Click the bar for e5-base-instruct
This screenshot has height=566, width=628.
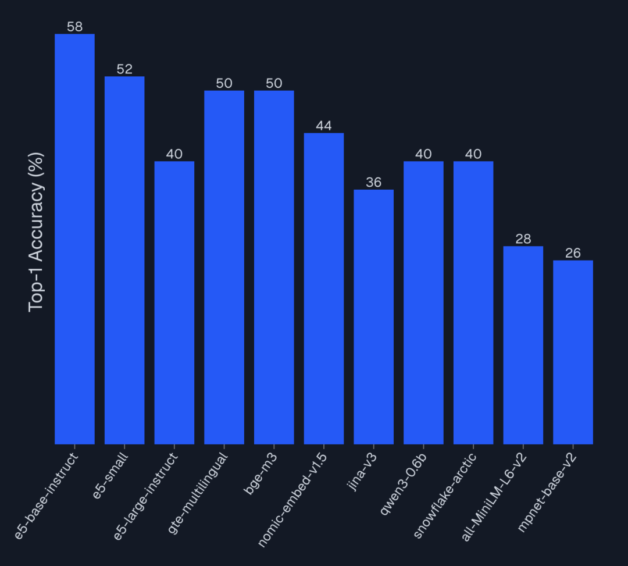[74, 238]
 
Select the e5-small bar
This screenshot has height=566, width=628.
[124, 260]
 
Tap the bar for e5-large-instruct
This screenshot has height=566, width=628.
[174, 302]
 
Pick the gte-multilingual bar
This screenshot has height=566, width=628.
[224, 267]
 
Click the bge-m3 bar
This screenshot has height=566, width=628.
[274, 267]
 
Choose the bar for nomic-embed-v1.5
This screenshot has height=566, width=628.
[324, 289]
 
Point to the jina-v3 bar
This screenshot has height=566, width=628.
[374, 316]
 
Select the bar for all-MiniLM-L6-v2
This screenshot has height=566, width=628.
[523, 345]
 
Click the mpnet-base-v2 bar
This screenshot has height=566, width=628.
[573, 352]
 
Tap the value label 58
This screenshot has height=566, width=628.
[74, 27]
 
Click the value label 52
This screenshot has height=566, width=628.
[124, 69]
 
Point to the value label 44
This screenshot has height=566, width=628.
[324, 126]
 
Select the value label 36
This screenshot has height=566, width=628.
[374, 183]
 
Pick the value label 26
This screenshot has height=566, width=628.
[573, 253]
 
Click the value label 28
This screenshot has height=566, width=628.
[523, 239]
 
